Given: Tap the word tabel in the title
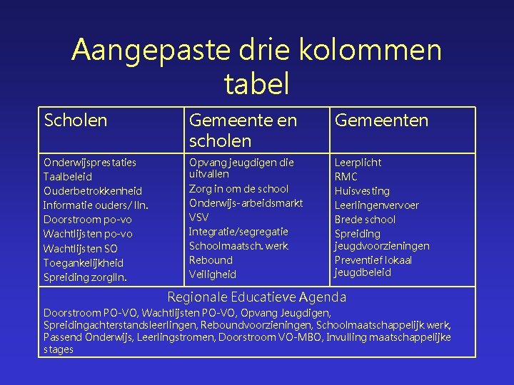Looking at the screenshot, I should click(x=256, y=83).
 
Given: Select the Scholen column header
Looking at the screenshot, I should click(x=76, y=120).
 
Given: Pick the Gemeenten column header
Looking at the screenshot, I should click(x=382, y=120).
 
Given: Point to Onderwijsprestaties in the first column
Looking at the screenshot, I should click(x=90, y=163).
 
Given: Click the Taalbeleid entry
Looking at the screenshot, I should click(x=69, y=177).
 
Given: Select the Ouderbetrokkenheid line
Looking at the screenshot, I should click(x=93, y=191).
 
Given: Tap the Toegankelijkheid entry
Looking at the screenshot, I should click(x=84, y=262).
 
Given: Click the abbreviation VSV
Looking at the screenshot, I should click(x=198, y=217).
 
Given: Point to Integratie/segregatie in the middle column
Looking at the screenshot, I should click(x=238, y=231).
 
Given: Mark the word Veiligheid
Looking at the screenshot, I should click(x=212, y=274).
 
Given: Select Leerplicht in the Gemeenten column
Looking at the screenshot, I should click(x=358, y=163).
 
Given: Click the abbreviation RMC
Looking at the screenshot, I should click(x=346, y=177).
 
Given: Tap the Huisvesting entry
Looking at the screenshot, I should click(x=362, y=191).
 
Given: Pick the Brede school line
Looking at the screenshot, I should click(x=365, y=220).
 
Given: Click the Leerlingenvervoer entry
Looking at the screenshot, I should click(x=377, y=205).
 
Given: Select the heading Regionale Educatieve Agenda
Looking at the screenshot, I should click(x=256, y=297).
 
